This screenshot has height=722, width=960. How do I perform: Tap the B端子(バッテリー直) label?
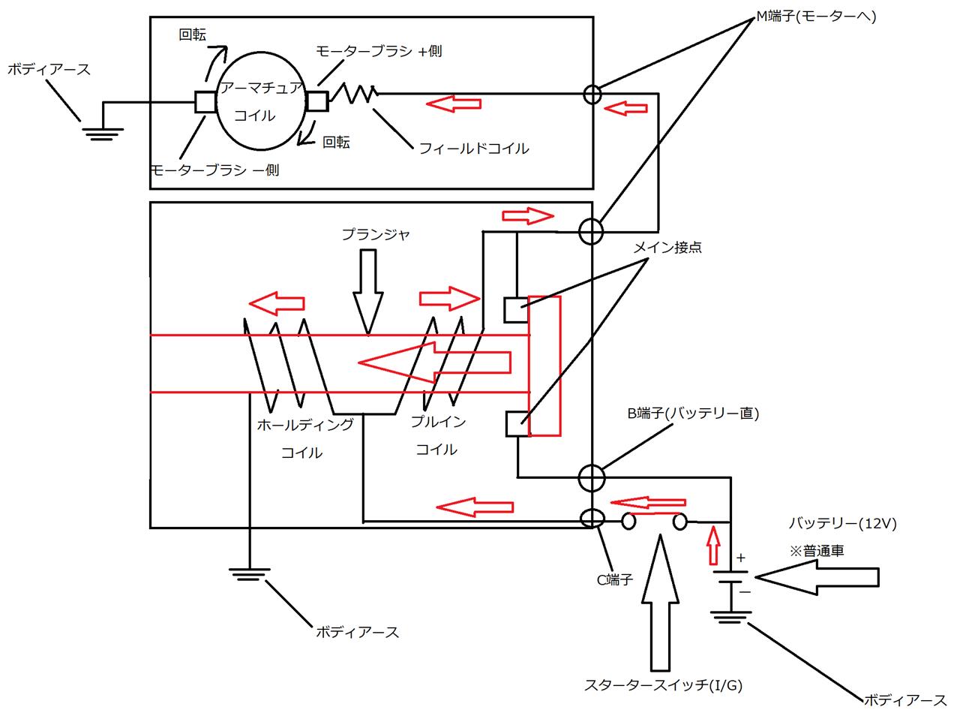click(x=693, y=414)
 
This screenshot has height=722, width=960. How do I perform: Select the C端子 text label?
click(x=615, y=580)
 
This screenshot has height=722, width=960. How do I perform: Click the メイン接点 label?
click(x=667, y=247)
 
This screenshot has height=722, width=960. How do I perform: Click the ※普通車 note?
click(x=817, y=550)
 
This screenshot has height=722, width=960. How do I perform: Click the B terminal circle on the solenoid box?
click(x=592, y=477)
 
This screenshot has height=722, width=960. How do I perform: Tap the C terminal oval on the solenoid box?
click(x=592, y=518)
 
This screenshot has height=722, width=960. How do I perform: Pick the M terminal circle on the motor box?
click(x=592, y=94)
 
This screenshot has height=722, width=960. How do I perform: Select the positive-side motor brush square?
click(x=316, y=101)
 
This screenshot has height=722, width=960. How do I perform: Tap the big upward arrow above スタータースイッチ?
click(x=660, y=600)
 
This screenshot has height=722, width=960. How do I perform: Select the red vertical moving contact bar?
click(x=544, y=366)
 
